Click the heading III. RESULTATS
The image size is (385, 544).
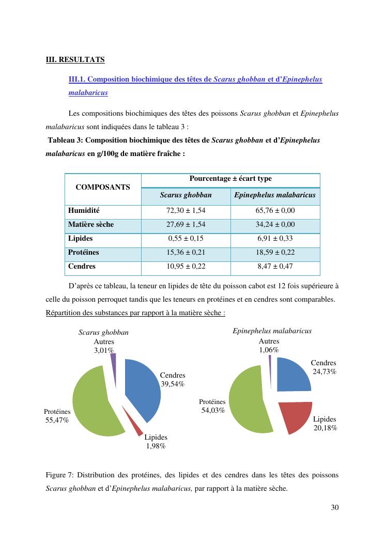(x=75, y=59)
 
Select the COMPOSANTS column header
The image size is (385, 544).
(x=103, y=187)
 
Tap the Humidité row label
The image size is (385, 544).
(x=84, y=211)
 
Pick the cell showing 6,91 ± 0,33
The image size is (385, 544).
(x=274, y=239)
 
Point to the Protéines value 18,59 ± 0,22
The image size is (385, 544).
(x=274, y=253)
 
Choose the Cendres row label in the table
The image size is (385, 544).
(x=82, y=267)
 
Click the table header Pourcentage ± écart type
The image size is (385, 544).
(x=230, y=179)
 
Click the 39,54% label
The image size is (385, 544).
(x=173, y=384)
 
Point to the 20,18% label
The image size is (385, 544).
(x=325, y=428)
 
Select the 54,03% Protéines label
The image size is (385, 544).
(x=213, y=410)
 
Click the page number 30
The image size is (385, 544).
(x=334, y=507)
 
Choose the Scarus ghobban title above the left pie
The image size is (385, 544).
(x=103, y=333)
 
